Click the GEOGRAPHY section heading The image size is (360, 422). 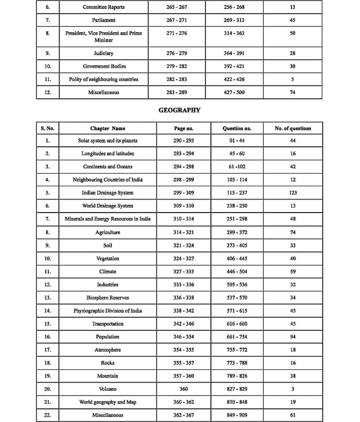(180, 111)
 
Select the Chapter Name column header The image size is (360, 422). (108, 128)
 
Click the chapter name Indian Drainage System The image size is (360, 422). (108, 193)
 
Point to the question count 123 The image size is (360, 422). (293, 193)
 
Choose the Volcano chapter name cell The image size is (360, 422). (108, 389)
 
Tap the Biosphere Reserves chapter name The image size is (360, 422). (108, 298)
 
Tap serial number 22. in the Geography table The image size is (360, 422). (47, 415)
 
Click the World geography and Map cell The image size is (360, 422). (108, 402)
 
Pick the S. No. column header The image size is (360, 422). (47, 128)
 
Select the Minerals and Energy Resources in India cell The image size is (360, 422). (108, 219)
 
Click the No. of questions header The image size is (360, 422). (293, 128)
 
